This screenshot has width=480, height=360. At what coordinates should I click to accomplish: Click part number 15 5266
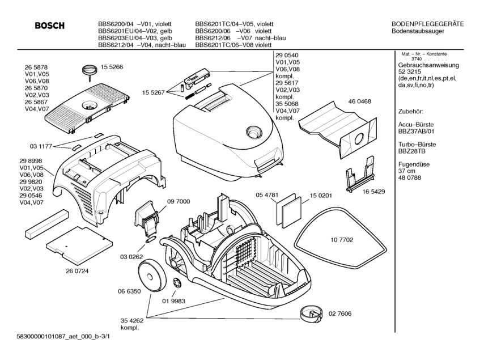point(112,67)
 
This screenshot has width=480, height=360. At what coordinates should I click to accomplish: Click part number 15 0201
point(321,196)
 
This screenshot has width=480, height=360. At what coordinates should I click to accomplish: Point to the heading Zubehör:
point(412,112)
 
